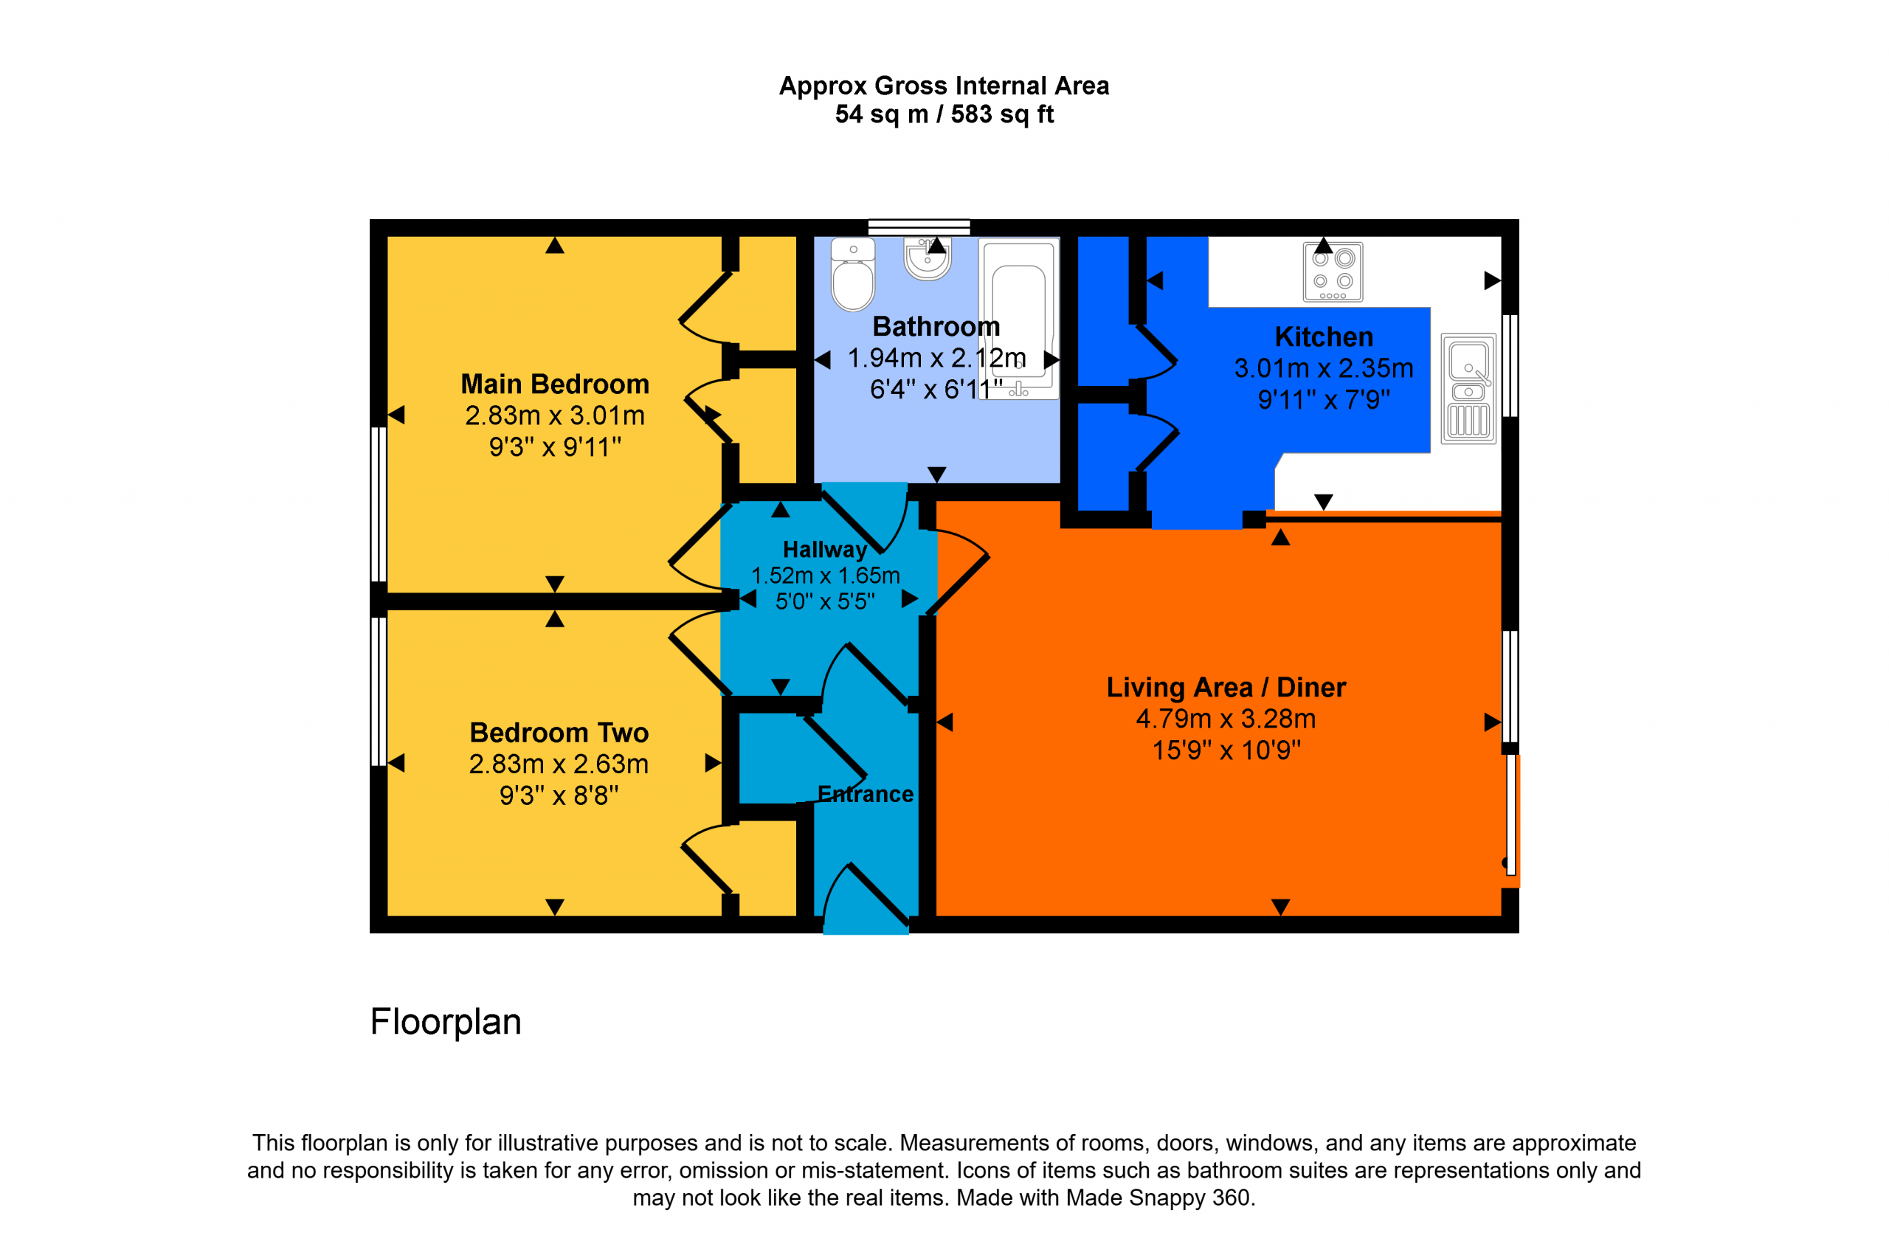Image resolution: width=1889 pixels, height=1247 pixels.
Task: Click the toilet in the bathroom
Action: pyautogui.click(x=853, y=274)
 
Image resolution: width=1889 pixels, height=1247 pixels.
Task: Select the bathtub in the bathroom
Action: pyautogui.click(x=1019, y=318)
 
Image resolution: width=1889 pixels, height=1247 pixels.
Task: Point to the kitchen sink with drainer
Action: pyautogui.click(x=1468, y=389)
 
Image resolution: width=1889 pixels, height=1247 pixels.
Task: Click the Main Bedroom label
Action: pyautogui.click(x=555, y=384)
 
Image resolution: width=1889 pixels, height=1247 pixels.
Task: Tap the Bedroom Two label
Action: pyautogui.click(x=559, y=733)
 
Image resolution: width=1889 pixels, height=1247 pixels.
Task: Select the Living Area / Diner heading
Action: pyautogui.click(x=1226, y=687)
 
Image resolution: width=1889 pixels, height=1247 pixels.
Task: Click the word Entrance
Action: pyautogui.click(x=866, y=794)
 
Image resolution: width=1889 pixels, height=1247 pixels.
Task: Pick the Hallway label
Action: pyautogui.click(x=825, y=550)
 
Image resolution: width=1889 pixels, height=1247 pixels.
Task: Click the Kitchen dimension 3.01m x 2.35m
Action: pyautogui.click(x=1324, y=368)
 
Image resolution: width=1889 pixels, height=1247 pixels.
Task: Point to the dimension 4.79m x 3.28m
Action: pyautogui.click(x=1226, y=719)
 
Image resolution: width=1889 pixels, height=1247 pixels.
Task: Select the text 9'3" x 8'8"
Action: pyautogui.click(x=559, y=795)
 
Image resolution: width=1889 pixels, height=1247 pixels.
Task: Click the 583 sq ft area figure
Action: pyautogui.click(x=1002, y=114)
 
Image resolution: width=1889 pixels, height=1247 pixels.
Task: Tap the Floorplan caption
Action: pyautogui.click(x=446, y=1022)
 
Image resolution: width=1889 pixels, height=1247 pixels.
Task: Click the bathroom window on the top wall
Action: pyautogui.click(x=919, y=228)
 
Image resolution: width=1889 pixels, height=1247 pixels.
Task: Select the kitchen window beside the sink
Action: pyautogui.click(x=1510, y=366)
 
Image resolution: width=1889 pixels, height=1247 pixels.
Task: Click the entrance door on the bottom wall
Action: pyautogui.click(x=866, y=899)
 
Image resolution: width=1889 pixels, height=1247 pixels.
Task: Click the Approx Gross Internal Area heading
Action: pyautogui.click(x=944, y=86)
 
